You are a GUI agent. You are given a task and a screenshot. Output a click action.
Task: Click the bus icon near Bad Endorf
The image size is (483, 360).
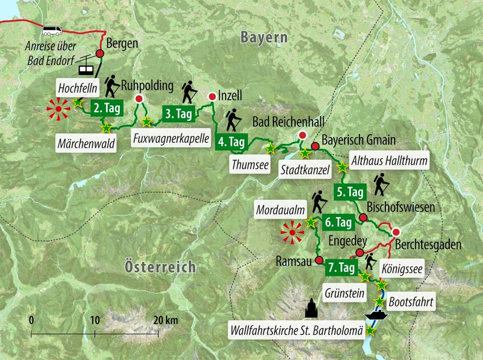(52, 30)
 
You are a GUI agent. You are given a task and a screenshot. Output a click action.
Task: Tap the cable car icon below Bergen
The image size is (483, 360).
(86, 68)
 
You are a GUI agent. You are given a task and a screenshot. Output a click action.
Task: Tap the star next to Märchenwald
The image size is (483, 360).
(106, 128)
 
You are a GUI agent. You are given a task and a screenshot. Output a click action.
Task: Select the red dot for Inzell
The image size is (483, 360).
(212, 97)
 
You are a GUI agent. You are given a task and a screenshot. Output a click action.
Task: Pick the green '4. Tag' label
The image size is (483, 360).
(231, 142)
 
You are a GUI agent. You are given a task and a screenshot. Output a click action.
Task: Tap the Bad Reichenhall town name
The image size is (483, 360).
(288, 121)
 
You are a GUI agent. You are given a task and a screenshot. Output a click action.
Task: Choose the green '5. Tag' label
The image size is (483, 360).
(349, 192)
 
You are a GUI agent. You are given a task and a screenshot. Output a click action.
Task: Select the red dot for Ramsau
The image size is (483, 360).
(319, 260)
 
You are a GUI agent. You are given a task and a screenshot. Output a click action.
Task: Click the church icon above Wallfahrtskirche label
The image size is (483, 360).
(312, 308)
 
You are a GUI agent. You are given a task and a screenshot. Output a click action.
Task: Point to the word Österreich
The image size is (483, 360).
(160, 266)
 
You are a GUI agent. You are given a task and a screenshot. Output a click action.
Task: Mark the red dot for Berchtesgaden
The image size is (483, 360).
(396, 231)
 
